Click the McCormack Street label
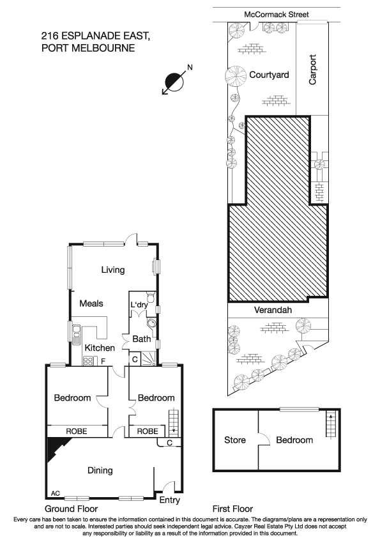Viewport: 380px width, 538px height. pos(277,14)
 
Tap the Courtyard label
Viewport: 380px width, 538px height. pos(269,75)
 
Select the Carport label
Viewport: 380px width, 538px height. pos(313,69)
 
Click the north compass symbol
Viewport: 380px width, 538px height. pos(174,81)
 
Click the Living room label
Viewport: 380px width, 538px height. pos(112,270)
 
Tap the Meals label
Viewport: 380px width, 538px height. pos(91,304)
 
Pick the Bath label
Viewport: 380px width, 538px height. pos(141,339)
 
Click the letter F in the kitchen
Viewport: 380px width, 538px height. pos(103,362)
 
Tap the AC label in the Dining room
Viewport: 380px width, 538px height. pos(55,493)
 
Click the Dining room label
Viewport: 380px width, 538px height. pos(100,470)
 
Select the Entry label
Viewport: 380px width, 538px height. pos(169,500)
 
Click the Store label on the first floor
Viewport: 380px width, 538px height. pos(235,440)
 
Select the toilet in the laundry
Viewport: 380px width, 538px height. pos(149,297)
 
